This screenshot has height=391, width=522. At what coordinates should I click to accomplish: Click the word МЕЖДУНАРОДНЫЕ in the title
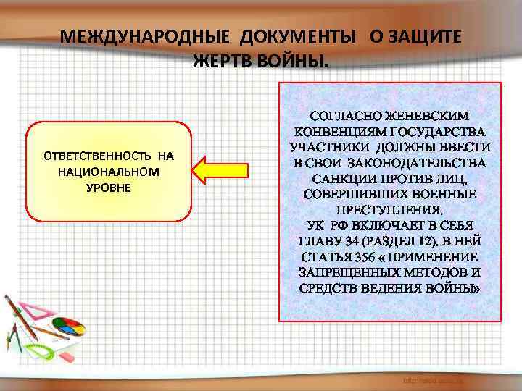click(x=133, y=37)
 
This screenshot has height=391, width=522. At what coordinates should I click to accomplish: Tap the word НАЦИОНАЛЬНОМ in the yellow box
click(x=109, y=172)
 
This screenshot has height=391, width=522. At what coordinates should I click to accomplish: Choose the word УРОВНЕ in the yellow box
click(x=109, y=188)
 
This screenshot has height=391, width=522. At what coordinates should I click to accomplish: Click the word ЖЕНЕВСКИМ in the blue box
click(x=426, y=116)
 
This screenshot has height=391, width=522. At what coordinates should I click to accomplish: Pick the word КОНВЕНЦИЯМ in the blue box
click(x=340, y=131)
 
